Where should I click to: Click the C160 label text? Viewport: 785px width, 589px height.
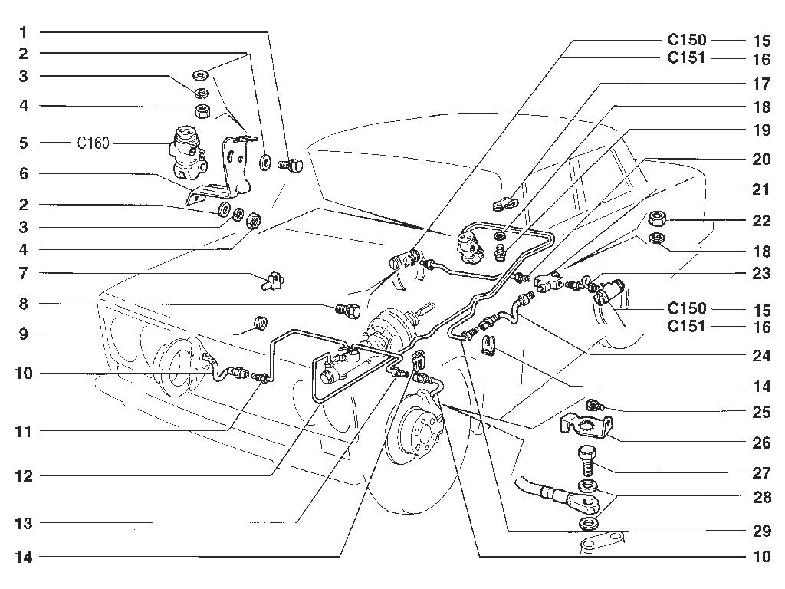(x=93, y=143)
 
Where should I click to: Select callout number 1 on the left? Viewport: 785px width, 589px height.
(x=23, y=33)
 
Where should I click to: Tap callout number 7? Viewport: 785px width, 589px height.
(x=23, y=274)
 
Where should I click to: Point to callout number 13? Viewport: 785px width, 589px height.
(x=24, y=523)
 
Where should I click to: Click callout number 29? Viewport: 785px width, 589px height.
(x=761, y=531)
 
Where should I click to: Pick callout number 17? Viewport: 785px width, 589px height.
(x=761, y=84)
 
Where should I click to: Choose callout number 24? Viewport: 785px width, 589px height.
(x=761, y=356)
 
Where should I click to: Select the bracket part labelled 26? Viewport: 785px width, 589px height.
(x=586, y=425)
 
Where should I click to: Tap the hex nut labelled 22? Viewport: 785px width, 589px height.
(x=657, y=219)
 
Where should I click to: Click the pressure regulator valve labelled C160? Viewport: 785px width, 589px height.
(x=186, y=152)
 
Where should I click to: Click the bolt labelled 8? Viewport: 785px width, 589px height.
(x=348, y=311)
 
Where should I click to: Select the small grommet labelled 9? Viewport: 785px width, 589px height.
(x=261, y=323)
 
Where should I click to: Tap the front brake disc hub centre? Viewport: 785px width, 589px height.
(x=419, y=432)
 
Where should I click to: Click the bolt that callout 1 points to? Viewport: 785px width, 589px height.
(x=291, y=164)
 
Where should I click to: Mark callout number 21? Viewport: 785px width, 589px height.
(x=761, y=190)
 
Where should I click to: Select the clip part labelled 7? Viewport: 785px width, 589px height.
(x=273, y=279)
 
